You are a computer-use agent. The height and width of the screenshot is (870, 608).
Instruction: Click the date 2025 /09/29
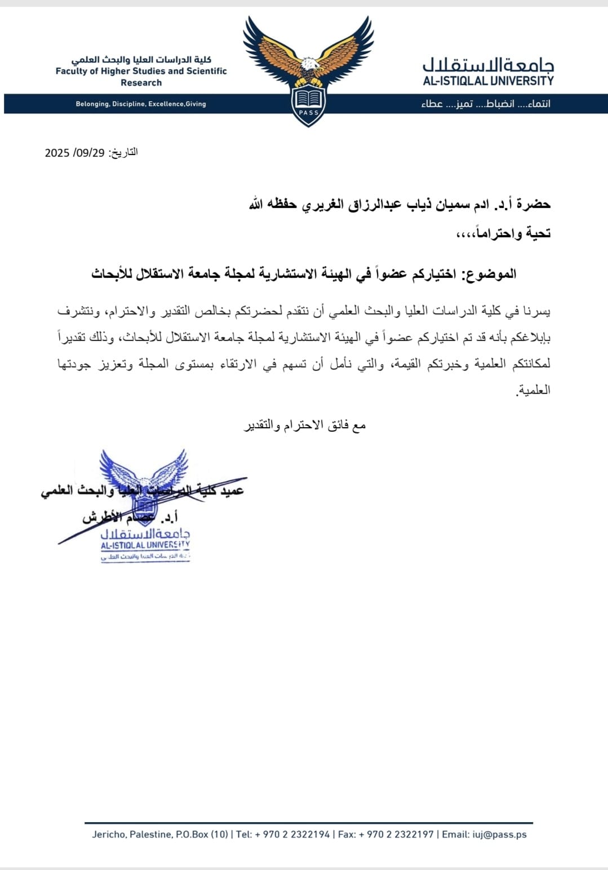click(x=74, y=153)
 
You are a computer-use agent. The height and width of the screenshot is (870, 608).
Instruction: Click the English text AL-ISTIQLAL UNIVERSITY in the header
click(x=488, y=81)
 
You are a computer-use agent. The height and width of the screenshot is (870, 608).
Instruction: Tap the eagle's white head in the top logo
click(x=308, y=65)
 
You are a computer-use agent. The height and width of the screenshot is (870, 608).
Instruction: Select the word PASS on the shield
click(x=308, y=112)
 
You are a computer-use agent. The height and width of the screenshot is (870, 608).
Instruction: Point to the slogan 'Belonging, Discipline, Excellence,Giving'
click(x=141, y=104)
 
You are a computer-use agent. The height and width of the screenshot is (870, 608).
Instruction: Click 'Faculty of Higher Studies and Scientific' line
click(x=141, y=71)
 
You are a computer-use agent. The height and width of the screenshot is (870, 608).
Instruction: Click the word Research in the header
click(x=141, y=83)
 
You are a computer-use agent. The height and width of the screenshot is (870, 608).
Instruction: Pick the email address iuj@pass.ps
click(x=500, y=835)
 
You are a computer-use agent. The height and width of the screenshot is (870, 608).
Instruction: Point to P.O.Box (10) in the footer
click(x=202, y=835)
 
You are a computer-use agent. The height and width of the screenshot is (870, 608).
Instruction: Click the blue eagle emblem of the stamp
click(x=144, y=473)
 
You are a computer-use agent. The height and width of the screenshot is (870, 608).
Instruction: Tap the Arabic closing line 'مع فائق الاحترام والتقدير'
click(x=305, y=425)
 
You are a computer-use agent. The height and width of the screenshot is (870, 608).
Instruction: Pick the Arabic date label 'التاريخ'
click(x=123, y=152)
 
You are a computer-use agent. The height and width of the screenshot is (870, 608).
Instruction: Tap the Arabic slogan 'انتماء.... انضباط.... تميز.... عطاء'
click(x=485, y=104)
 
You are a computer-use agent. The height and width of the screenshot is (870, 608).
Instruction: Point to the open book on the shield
click(x=308, y=99)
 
